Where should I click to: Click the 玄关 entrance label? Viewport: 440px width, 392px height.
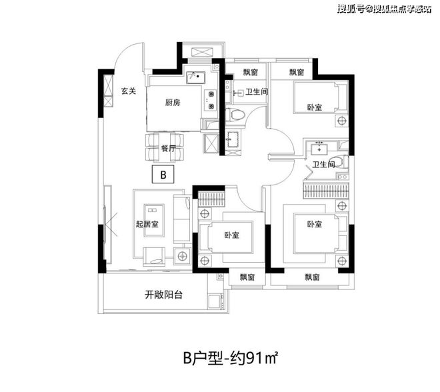129,91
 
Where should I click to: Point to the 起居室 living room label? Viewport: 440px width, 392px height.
147,224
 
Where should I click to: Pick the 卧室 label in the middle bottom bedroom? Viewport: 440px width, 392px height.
232,235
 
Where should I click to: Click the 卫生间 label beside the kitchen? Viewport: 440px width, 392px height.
257,93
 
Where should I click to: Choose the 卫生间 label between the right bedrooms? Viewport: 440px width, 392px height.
323,164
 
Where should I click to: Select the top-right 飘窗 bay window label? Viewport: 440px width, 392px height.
297,72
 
